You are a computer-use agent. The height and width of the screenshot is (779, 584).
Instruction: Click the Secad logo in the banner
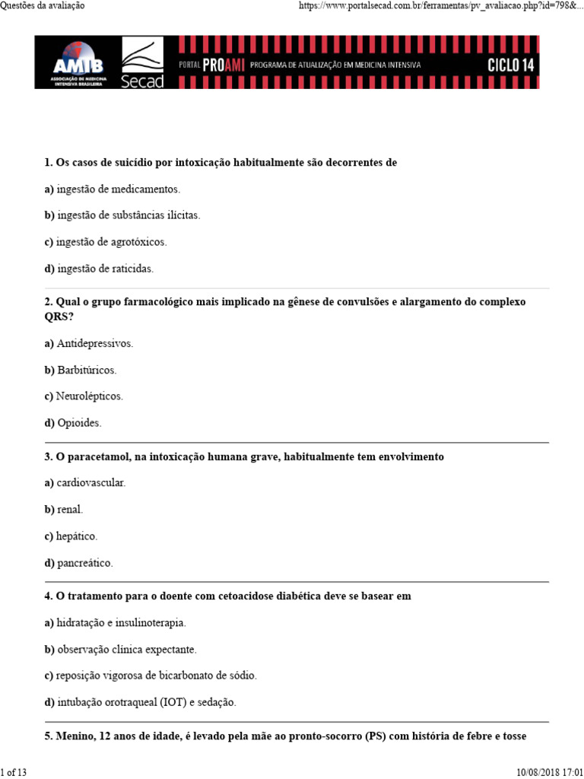coord(142,63)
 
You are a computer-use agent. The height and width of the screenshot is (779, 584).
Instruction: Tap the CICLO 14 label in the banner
coord(510,65)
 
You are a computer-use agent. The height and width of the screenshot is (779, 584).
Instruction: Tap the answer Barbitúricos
coord(87,370)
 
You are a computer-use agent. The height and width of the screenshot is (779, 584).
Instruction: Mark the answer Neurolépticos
coord(89,396)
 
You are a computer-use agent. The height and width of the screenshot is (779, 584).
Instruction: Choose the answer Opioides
coord(78,423)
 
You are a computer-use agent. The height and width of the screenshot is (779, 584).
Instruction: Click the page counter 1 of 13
coord(14,773)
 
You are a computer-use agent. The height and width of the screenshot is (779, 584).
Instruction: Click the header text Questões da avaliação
coord(43,5)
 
